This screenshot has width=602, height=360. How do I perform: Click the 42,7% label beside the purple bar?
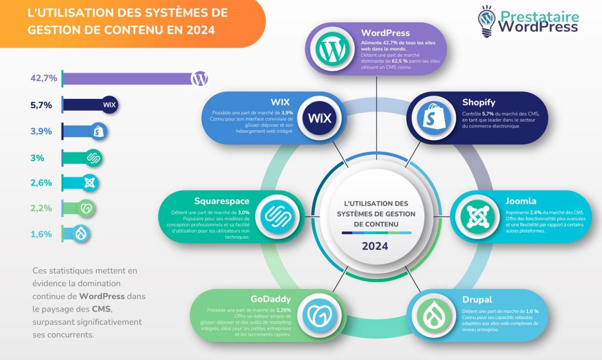click(x=43, y=78)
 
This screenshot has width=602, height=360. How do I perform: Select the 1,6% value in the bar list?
click(x=41, y=234)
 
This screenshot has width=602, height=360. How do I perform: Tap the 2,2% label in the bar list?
click(x=41, y=208)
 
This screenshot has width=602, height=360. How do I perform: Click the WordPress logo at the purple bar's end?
click(x=200, y=79)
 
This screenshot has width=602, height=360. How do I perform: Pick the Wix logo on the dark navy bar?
click(x=110, y=105)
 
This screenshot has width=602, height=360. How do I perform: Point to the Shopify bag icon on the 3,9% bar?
click(x=98, y=131)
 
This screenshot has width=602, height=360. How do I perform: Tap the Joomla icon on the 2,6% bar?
click(x=90, y=183)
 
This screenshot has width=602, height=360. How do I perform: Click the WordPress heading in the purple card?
click(x=385, y=33)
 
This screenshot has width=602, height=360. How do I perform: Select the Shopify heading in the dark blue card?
click(x=479, y=102)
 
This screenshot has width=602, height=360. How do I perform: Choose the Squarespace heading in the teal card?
click(x=222, y=201)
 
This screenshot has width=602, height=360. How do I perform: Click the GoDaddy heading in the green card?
click(x=271, y=299)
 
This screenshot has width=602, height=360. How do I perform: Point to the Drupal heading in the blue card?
click(x=477, y=299)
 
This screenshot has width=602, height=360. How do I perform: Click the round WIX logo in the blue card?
click(x=320, y=118)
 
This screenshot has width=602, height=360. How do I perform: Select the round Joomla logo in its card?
click(x=474, y=217)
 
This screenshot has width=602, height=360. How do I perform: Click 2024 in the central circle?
click(x=375, y=246)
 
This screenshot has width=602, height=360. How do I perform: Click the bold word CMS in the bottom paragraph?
click(x=101, y=309)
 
